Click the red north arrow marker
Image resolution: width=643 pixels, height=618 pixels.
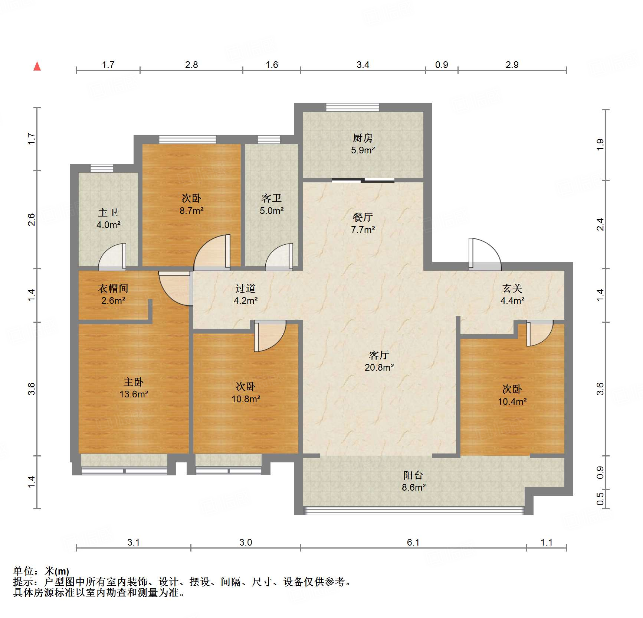[x=37, y=66]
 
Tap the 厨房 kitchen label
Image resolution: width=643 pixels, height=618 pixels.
[x=362, y=138]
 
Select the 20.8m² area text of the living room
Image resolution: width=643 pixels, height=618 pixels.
[x=379, y=367]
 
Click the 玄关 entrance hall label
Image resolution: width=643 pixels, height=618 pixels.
[x=512, y=289]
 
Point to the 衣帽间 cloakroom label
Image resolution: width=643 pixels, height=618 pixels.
[x=113, y=289]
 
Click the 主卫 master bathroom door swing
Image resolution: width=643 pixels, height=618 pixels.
[x=113, y=257]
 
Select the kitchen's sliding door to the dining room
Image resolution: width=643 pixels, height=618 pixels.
[x=362, y=180]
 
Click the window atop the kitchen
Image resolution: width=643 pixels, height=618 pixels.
[x=352, y=107]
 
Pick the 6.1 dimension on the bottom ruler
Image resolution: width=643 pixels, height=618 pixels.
[x=413, y=542]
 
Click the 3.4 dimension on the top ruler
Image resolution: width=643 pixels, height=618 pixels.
[x=362, y=65]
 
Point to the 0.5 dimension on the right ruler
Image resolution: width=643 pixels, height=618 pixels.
[x=600, y=498]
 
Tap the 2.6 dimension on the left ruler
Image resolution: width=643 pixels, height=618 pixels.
[x=32, y=219]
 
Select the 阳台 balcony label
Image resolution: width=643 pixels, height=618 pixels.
[x=413, y=475]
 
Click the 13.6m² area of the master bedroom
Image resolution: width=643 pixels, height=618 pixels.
[x=134, y=394]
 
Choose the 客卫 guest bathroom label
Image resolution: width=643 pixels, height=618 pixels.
[x=271, y=198]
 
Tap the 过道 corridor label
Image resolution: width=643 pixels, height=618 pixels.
[x=245, y=289]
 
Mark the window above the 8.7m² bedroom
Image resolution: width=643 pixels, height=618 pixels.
[x=187, y=140]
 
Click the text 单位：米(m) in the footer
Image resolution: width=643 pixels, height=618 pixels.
[x=41, y=571]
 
